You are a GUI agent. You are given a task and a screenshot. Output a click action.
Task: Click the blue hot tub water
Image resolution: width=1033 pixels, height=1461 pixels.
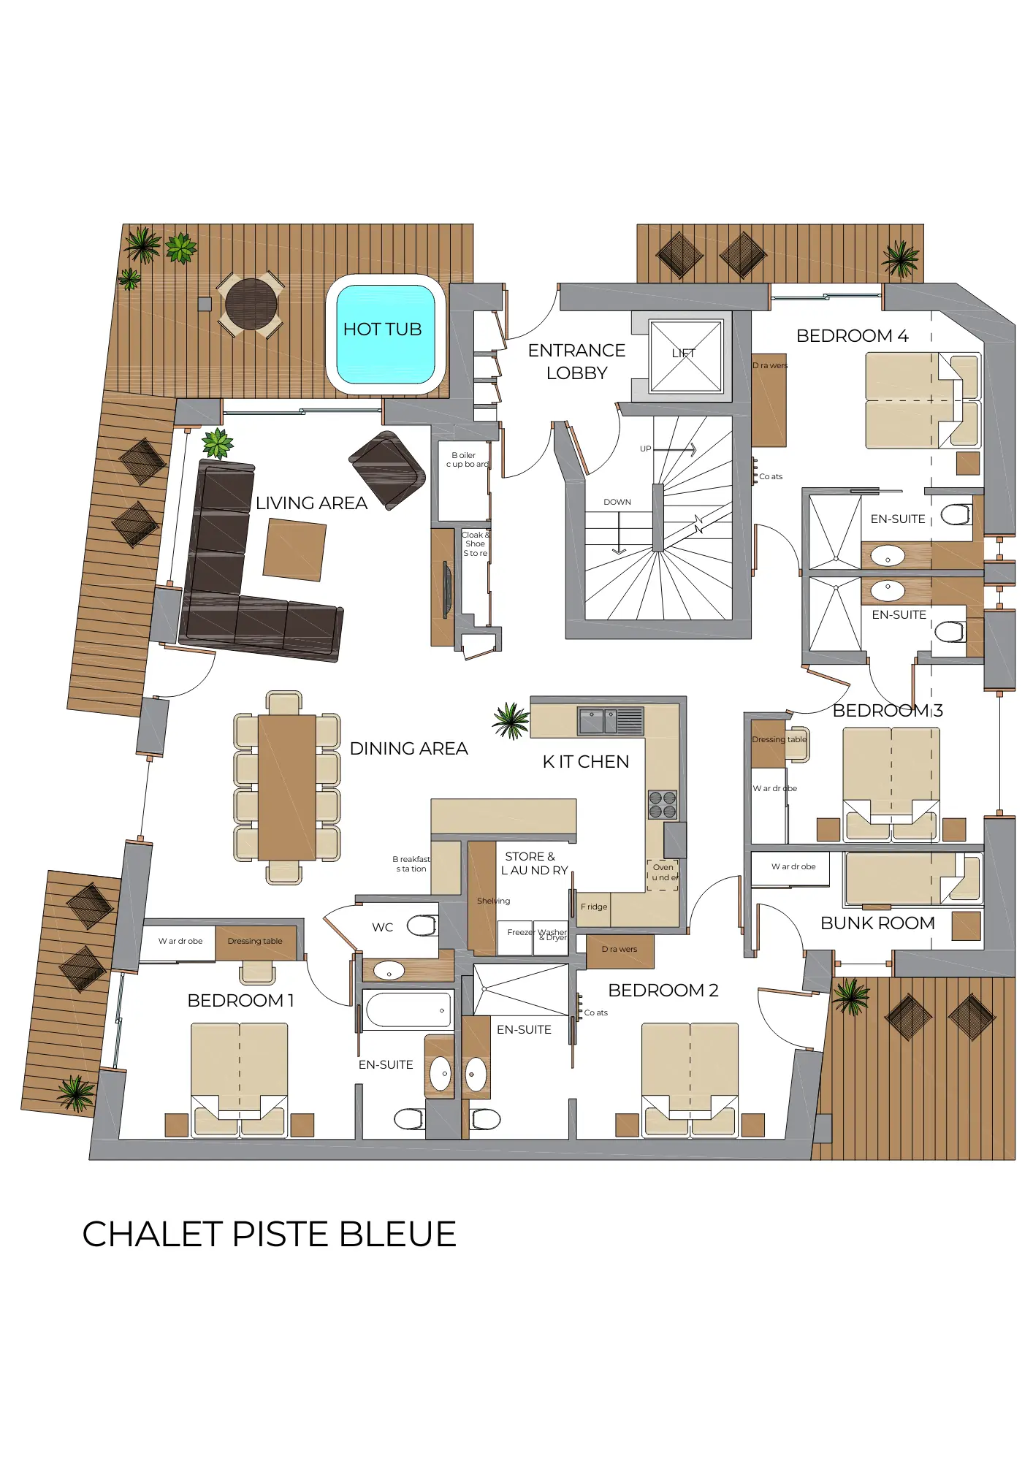[x=385, y=333]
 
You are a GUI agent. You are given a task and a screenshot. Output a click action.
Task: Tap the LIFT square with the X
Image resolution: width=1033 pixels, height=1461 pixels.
[x=685, y=355]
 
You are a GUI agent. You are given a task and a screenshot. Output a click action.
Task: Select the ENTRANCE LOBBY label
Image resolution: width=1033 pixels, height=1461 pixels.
[x=576, y=362]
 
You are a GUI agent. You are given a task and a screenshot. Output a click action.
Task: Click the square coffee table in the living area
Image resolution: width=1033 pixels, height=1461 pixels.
[x=294, y=549]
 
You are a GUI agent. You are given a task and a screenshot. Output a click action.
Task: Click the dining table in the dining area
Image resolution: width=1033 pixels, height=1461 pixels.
[x=287, y=787]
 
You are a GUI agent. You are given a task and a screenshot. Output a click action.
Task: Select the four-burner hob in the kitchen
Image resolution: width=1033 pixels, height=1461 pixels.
[x=663, y=804]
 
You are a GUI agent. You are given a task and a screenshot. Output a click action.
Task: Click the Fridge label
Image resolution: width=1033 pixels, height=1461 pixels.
[x=594, y=907]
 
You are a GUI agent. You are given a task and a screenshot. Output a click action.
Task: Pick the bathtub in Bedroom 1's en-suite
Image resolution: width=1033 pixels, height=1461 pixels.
[x=408, y=1010]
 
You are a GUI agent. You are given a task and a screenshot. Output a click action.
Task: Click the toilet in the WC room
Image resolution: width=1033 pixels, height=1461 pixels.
[x=422, y=926]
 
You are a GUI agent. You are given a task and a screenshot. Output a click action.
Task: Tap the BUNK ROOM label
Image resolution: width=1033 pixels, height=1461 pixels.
[x=877, y=923]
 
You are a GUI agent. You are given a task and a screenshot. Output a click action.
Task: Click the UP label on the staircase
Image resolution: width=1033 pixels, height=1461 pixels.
[x=645, y=449]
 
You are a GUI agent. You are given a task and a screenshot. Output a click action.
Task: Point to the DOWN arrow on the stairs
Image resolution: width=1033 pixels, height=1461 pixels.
[x=619, y=533]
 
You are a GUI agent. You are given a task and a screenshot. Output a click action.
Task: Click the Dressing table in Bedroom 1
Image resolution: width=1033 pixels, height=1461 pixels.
[x=255, y=942]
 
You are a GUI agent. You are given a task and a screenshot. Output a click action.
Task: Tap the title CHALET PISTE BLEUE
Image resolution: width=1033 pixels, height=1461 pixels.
[x=269, y=1234]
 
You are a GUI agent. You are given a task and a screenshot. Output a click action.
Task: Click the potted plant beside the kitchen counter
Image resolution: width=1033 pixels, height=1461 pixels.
[x=511, y=721]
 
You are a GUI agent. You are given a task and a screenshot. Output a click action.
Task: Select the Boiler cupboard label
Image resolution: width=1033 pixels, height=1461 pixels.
[x=467, y=459]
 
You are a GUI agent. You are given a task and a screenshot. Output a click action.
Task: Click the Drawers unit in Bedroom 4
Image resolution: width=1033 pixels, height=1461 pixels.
[x=769, y=402]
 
